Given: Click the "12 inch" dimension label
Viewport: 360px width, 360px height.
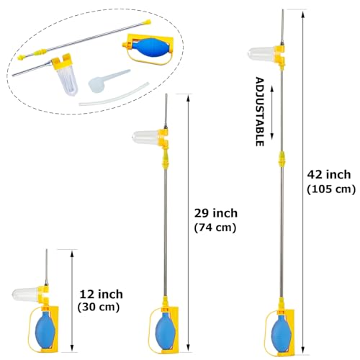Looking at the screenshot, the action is [101, 294].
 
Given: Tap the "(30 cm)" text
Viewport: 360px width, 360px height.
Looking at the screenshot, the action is [99, 307].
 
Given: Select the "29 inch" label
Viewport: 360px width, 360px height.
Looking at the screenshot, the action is [216, 213].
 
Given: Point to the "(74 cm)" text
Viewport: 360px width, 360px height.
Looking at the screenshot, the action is [215, 228].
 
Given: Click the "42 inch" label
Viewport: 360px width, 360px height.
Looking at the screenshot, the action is [329, 174].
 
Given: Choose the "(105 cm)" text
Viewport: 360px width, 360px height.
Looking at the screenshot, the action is [331, 189].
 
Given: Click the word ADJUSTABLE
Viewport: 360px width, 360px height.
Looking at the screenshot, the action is [259, 112].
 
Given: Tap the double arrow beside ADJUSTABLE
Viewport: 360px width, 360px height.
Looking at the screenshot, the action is [272, 112].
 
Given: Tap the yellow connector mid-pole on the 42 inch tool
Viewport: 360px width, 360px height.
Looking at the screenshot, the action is [282, 158].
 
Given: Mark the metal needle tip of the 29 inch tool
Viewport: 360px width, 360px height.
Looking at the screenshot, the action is [166, 94].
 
